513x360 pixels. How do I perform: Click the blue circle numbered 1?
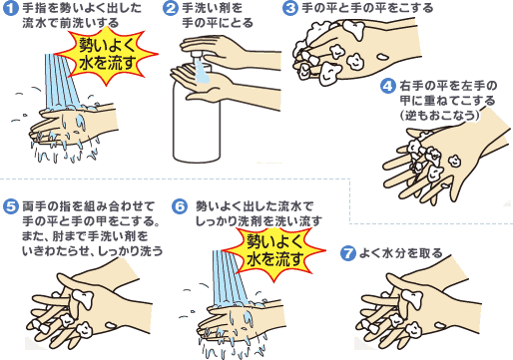[10, 8]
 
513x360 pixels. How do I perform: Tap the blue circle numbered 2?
[171, 8]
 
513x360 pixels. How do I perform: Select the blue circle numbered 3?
[290, 8]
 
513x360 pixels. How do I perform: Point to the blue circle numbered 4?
[387, 86]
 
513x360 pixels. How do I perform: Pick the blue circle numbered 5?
[10, 206]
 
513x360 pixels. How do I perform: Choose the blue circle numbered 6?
[180, 206]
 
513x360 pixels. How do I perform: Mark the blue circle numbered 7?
[348, 254]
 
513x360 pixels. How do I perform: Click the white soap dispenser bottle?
[197, 113]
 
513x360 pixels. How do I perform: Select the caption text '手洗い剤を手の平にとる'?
[218, 16]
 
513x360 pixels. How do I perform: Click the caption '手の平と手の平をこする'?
[367, 8]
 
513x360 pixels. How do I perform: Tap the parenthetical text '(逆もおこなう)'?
[440, 115]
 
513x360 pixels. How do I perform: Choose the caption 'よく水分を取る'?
[401, 253]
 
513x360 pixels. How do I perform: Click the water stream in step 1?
[62, 82]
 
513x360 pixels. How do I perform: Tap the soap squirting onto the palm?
[202, 71]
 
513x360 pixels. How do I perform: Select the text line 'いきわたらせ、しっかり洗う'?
[92, 251]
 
